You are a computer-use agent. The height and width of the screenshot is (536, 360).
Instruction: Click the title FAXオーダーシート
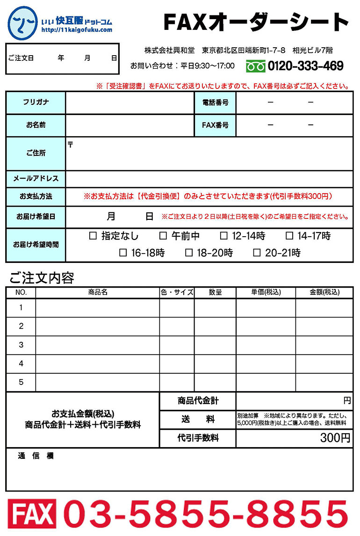click(x=256, y=22)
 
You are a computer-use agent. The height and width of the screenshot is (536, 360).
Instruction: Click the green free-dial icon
click(x=255, y=66)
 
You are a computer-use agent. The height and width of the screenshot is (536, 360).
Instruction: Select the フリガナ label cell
click(x=36, y=102)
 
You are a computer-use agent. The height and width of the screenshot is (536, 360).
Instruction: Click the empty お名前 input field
click(x=130, y=125)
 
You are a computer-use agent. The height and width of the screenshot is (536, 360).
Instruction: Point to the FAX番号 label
click(x=215, y=125)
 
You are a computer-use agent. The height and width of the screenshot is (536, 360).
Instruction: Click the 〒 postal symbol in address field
click(x=71, y=145)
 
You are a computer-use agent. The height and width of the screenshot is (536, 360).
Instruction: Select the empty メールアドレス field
click(x=209, y=179)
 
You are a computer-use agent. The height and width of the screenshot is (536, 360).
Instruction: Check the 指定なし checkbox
click(x=93, y=236)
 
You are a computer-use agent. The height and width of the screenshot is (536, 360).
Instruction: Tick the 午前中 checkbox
click(x=163, y=236)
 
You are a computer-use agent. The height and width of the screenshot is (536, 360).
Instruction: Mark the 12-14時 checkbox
click(x=224, y=236)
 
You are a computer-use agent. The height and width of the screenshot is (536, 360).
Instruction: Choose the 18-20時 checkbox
click(x=189, y=253)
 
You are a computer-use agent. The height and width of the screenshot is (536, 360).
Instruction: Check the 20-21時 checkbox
click(x=257, y=253)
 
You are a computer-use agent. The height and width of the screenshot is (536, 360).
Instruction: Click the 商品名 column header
click(x=98, y=292)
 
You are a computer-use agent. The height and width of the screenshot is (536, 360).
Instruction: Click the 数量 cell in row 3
click(x=215, y=345)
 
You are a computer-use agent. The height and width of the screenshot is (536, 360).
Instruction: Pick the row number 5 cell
click(x=21, y=382)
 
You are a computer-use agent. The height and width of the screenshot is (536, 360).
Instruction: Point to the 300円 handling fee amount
click(x=335, y=438)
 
